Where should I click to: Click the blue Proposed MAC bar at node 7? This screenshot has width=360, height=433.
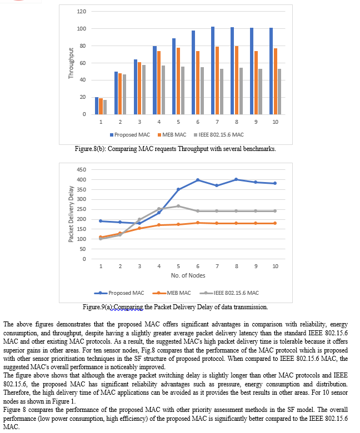click(x=213, y=71)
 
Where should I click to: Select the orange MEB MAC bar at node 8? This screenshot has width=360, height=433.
click(x=237, y=80)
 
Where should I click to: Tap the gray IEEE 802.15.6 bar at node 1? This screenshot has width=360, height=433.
click(x=105, y=107)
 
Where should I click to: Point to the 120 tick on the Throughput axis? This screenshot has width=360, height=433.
click(x=82, y=12)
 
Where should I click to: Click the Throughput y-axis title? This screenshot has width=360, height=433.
click(x=71, y=63)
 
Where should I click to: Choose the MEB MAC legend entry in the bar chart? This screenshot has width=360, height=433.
click(x=172, y=135)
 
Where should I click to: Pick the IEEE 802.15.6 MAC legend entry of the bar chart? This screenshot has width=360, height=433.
click(x=219, y=135)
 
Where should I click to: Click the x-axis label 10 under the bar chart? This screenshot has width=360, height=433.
click(x=275, y=122)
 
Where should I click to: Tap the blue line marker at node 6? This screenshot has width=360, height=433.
click(x=198, y=180)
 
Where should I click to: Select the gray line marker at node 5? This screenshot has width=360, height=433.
click(x=178, y=206)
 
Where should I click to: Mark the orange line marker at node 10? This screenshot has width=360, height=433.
click(x=275, y=223)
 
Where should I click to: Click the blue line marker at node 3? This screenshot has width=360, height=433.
click(x=139, y=223)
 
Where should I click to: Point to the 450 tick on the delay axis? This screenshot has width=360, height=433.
click(x=82, y=169)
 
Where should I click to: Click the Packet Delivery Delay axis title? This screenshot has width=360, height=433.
click(x=71, y=214)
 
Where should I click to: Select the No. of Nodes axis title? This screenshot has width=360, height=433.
click(x=188, y=275)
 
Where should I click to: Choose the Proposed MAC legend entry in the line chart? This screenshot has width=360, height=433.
click(x=119, y=293)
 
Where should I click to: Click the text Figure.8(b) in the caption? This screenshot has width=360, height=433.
click(x=90, y=149)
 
